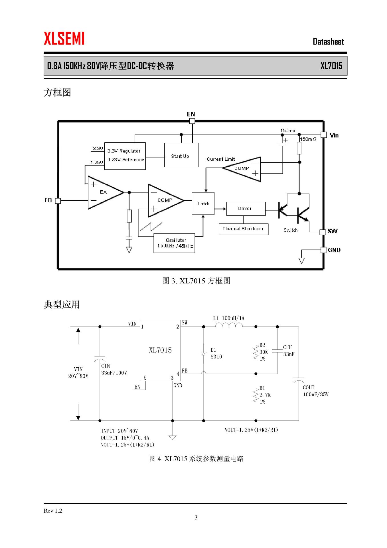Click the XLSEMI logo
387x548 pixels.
[64, 39]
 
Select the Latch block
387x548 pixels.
[203, 204]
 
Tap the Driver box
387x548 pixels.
[246, 209]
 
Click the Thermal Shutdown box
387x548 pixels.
[243, 229]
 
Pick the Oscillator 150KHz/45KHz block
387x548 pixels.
[174, 243]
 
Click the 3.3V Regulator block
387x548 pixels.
[125, 156]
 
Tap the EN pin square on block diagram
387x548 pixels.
[192, 121]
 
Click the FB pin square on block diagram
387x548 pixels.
[58, 201]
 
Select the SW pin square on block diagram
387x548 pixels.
[323, 232]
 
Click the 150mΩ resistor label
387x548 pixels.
[308, 139]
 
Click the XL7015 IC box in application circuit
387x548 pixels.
[160, 350]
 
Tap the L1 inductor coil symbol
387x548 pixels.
[229, 325]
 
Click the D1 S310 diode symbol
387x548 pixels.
[204, 353]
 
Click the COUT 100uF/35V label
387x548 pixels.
[315, 391]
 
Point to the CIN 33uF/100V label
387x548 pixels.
[114, 369]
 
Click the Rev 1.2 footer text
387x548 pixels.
[53, 511]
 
